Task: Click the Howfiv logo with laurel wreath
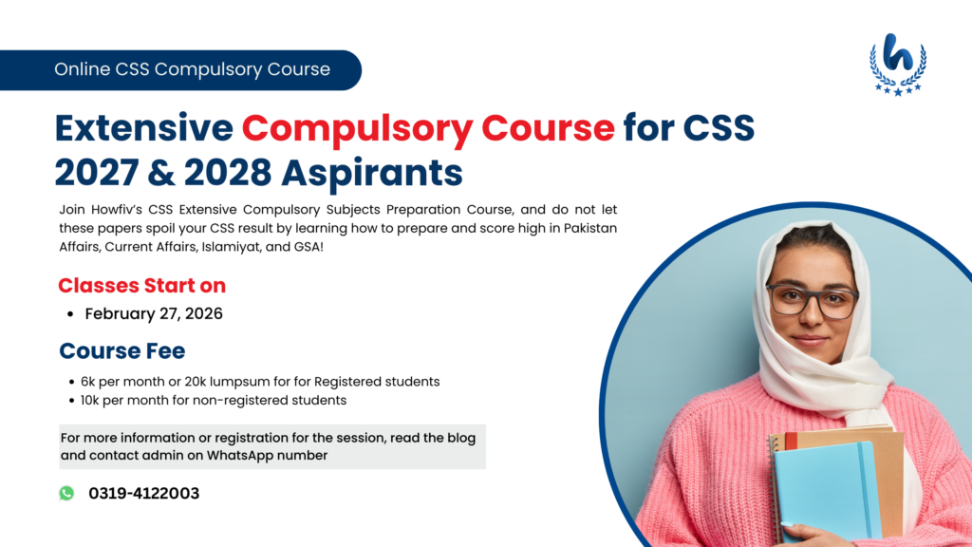pos(897,63)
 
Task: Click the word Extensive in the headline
pos(143,127)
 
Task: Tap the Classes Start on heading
pos(141,285)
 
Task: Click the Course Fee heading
pos(122,351)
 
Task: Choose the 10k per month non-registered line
pos(213,400)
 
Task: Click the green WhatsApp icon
pos(66,493)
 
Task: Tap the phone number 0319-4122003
pos(144,493)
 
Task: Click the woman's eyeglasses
pos(812,301)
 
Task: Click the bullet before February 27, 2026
pos(70,314)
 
